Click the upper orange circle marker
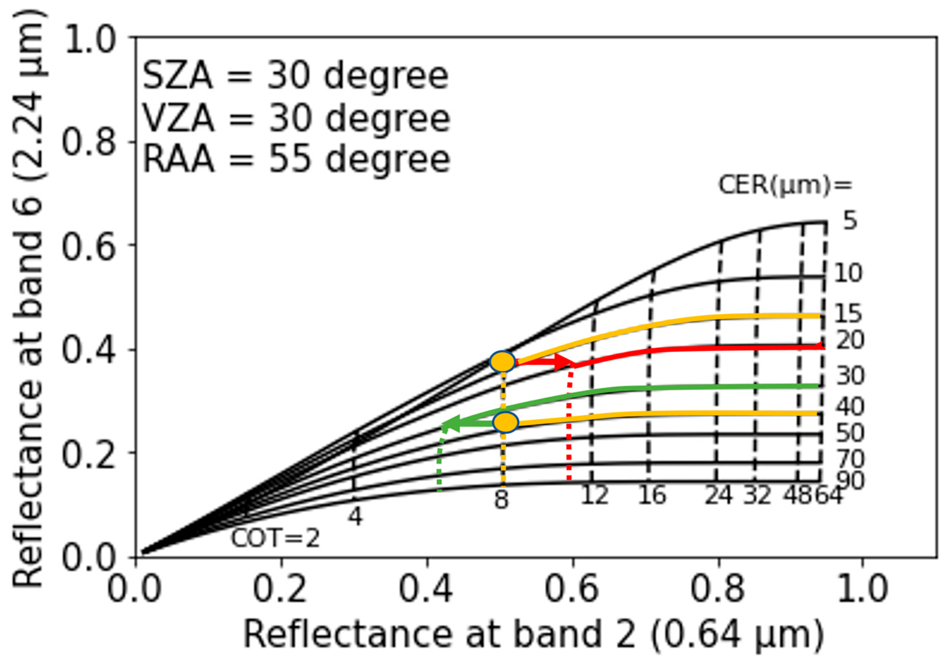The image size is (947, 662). (503, 362)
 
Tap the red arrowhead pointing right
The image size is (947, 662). (563, 362)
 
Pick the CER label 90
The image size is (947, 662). (850, 481)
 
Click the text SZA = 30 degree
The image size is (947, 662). (295, 77)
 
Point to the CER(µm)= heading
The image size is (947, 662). (785, 185)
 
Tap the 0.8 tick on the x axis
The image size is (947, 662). (718, 589)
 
